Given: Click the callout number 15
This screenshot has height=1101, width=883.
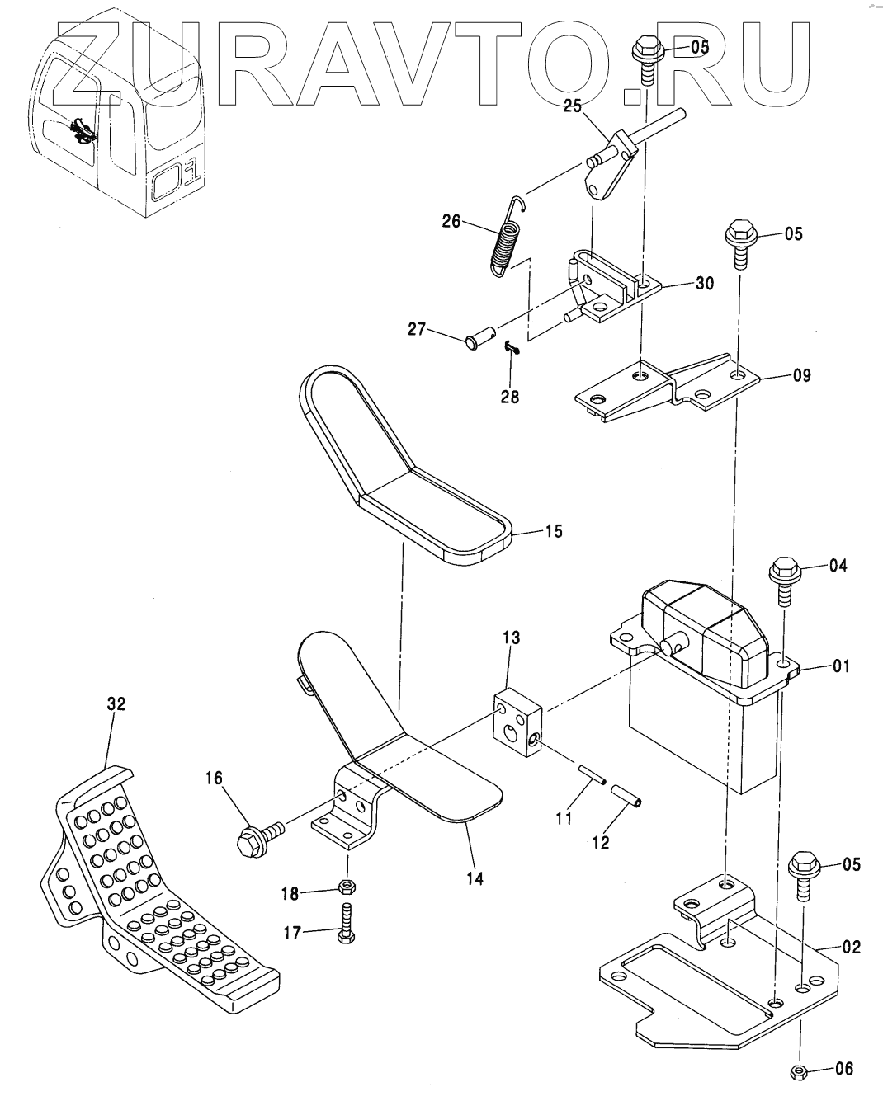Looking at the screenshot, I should [x=554, y=531].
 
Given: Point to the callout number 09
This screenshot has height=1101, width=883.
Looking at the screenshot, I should [x=800, y=375].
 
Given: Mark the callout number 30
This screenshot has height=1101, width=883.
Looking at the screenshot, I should [x=704, y=283].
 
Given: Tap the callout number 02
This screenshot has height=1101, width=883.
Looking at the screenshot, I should [x=851, y=948].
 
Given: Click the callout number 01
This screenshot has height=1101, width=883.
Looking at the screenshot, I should [x=841, y=666].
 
